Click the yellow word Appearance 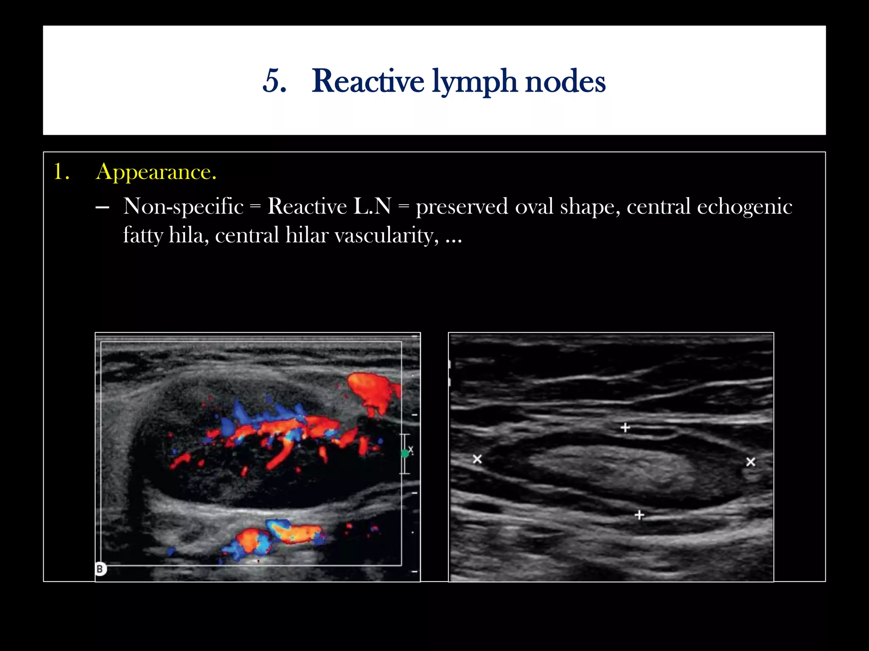point(156,172)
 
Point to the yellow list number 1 point(61,172)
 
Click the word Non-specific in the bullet point(183,207)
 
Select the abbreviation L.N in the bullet point(372,207)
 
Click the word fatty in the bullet point(143,236)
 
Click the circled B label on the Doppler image point(100,569)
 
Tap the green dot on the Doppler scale point(405,453)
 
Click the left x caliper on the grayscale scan point(477,459)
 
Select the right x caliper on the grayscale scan point(751,462)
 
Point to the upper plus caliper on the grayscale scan point(625,428)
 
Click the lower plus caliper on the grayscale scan point(639,515)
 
